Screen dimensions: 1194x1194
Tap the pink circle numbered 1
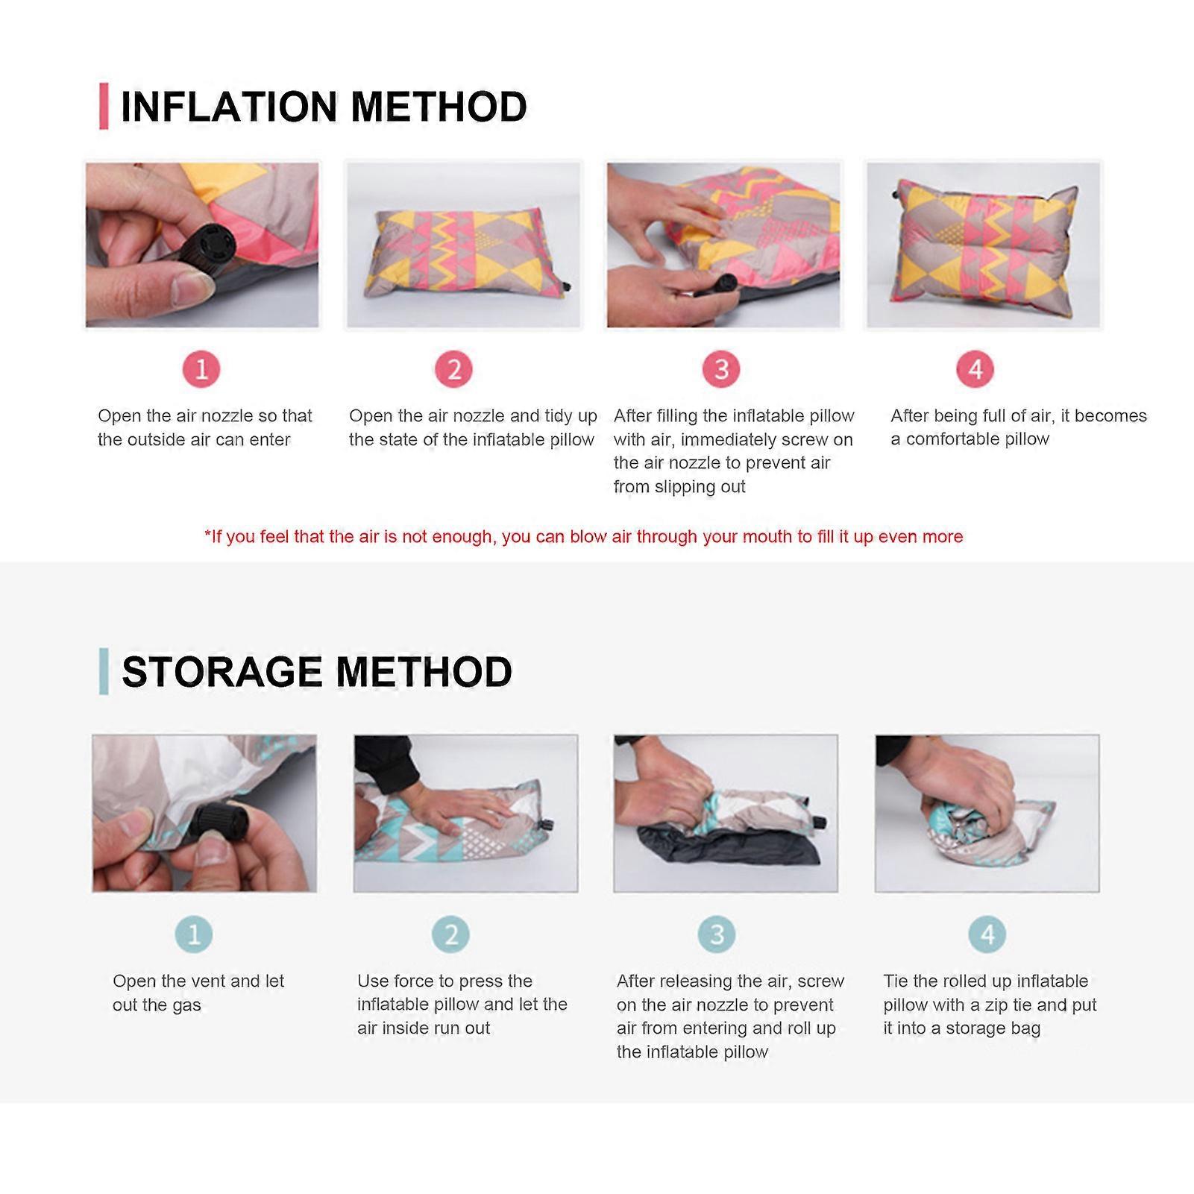(x=201, y=369)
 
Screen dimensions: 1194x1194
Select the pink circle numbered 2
(x=454, y=369)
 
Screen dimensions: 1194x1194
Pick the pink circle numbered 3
(x=721, y=369)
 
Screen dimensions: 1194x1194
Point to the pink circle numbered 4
(x=975, y=369)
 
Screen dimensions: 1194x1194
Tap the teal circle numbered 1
(x=194, y=934)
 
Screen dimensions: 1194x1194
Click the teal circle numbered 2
(x=450, y=934)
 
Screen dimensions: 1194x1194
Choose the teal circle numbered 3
(x=717, y=934)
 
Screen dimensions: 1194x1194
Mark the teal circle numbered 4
(x=987, y=934)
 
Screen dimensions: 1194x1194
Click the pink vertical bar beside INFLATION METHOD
(x=104, y=107)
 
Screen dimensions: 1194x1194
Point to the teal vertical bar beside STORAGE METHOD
(x=104, y=671)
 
